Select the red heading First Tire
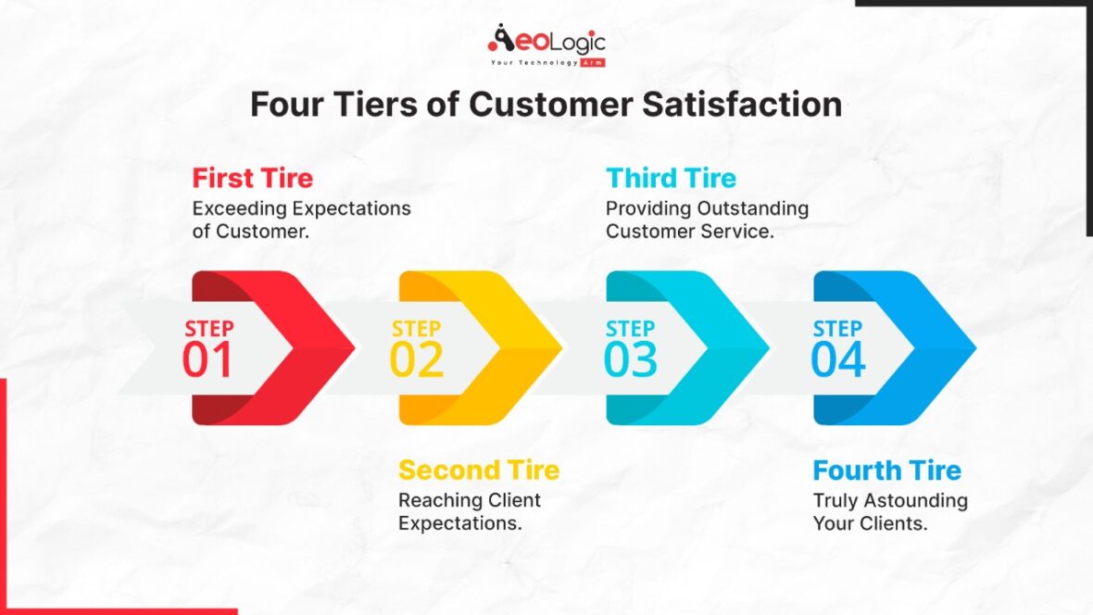click(252, 178)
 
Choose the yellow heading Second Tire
click(479, 471)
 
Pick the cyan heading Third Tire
click(671, 178)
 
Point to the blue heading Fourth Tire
click(886, 471)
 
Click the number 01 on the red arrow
click(208, 361)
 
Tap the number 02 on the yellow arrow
click(416, 361)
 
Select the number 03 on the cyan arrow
click(631, 361)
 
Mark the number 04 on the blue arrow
click(838, 361)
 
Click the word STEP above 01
click(209, 329)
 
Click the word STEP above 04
click(837, 329)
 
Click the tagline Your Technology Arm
click(546, 63)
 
